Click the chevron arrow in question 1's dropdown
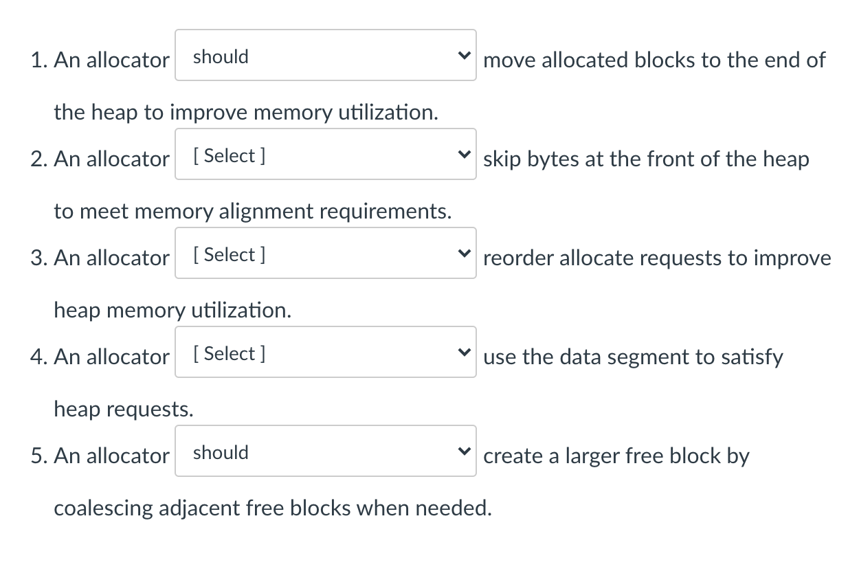click(x=465, y=56)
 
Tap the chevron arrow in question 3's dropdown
click(x=465, y=254)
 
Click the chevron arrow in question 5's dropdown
click(x=465, y=451)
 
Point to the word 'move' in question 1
click(x=510, y=60)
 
